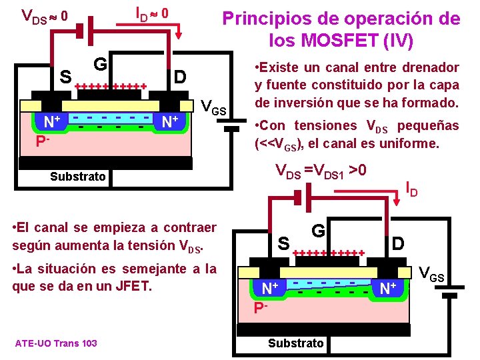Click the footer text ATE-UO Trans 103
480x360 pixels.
tap(55, 343)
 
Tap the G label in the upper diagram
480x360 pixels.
tap(101, 63)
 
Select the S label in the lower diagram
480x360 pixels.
tap(283, 244)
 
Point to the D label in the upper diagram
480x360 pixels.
tap(179, 77)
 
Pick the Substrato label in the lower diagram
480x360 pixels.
tap(295, 343)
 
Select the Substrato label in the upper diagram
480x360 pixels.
tap(77, 177)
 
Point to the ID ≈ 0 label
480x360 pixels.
tap(152, 13)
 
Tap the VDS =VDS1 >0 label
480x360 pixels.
tap(321, 171)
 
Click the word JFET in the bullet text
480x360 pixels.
tap(139, 287)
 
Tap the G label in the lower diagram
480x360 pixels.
tap(318, 231)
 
